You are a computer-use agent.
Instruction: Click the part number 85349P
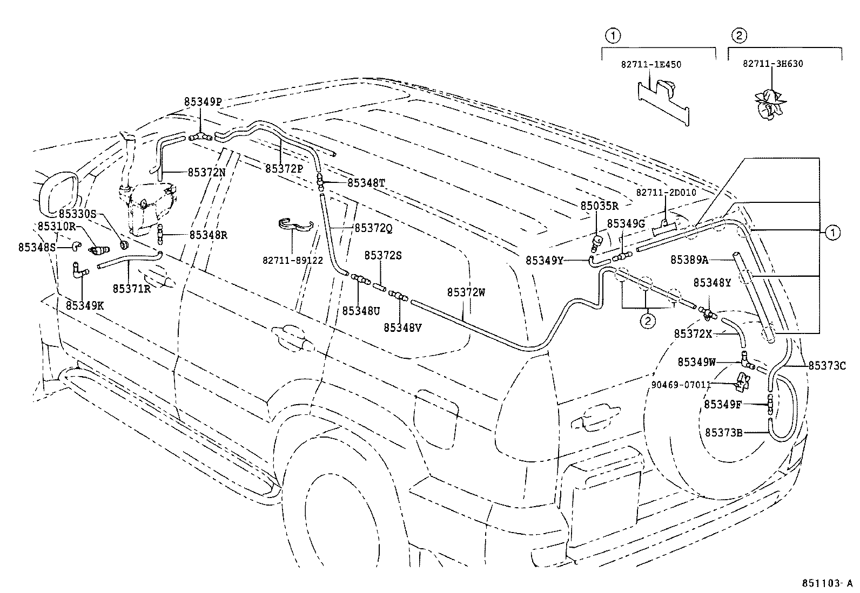[203, 101]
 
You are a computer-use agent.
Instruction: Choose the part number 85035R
[599, 206]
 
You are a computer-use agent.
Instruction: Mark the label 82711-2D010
[666, 192]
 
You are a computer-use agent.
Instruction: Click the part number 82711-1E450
[650, 64]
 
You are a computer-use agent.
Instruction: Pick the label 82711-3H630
[772, 63]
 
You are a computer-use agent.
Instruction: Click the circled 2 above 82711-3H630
[738, 36]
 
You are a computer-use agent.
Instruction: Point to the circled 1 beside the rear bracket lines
[832, 233]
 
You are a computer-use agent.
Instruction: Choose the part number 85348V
[403, 327]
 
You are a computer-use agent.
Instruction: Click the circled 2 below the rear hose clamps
[647, 321]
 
